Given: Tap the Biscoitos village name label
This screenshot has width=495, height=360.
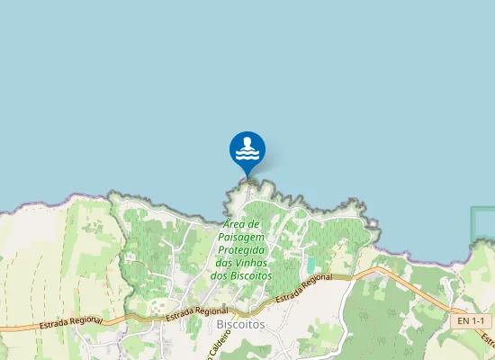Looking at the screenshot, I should (241, 325).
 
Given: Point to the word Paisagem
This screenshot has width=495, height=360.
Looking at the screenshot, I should (241, 237).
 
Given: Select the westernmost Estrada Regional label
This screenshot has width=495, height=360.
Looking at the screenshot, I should (71, 321).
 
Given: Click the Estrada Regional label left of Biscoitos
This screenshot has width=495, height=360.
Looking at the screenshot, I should (191, 312).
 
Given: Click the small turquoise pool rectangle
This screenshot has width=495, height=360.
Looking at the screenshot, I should (311, 265).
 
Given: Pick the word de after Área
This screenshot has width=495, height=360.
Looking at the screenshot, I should (255, 224).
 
